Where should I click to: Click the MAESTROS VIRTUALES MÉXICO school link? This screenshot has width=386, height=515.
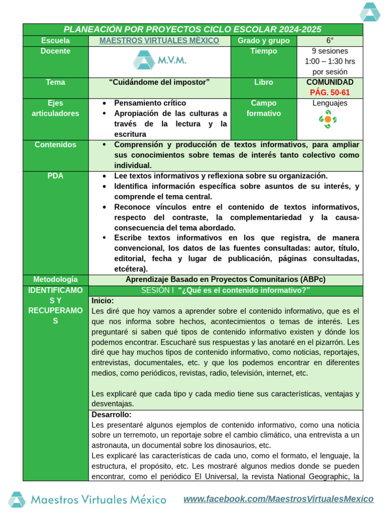click(x=159, y=41)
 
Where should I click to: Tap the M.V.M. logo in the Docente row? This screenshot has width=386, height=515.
click(x=159, y=61)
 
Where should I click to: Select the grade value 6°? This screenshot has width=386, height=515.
click(x=329, y=41)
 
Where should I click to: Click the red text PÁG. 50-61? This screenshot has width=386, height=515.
click(x=330, y=93)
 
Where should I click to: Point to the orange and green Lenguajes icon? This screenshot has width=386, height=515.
click(x=328, y=120)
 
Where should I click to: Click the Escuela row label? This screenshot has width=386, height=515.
click(x=56, y=41)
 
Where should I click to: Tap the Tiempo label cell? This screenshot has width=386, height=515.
click(x=263, y=51)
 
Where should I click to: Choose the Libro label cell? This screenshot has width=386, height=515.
click(x=263, y=82)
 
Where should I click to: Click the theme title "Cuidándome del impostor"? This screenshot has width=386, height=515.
click(x=159, y=82)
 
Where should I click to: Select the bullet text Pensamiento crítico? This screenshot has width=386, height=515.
click(x=150, y=103)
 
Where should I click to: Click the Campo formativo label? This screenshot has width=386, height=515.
click(x=263, y=108)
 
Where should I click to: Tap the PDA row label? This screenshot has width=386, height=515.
click(x=56, y=176)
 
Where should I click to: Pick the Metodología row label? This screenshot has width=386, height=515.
click(x=56, y=279)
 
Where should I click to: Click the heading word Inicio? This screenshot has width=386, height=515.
click(x=103, y=301)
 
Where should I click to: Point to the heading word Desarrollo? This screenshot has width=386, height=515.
click(x=112, y=415)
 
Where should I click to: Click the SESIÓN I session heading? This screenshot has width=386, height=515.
click(x=225, y=291)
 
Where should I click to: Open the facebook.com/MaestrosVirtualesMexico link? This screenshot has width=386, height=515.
click(x=278, y=499)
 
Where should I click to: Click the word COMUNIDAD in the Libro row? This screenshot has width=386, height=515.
click(x=330, y=82)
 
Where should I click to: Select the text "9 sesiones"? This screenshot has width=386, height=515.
click(x=330, y=51)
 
